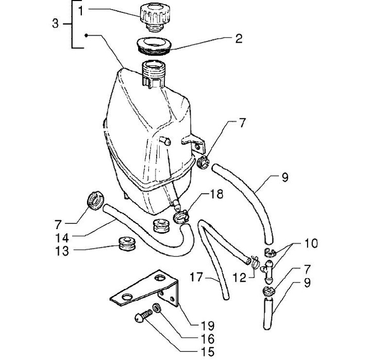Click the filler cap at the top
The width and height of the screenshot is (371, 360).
tap(155, 17)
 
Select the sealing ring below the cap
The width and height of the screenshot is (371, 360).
tap(154, 46)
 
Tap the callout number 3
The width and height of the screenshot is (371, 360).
tap(55, 24)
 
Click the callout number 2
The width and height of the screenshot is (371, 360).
tap(239, 39)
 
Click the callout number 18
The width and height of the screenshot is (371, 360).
tap(216, 195)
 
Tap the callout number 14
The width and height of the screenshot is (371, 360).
tap(62, 238)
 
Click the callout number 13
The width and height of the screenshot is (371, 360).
tap(62, 251)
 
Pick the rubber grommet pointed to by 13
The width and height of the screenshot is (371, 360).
tap(127, 244)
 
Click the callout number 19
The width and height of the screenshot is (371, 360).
tap(208, 325)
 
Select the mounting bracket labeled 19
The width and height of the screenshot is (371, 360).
tap(144, 288)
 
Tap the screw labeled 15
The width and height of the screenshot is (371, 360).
tap(144, 316)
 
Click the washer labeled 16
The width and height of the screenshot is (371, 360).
tap(157, 308)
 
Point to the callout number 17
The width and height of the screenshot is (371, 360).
tap(196, 277)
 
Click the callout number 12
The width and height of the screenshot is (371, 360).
tap(240, 278)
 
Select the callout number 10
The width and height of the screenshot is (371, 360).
tap(311, 243)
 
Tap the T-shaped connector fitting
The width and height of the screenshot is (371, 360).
tap(268, 272)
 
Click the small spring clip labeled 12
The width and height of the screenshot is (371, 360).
tap(255, 263)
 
